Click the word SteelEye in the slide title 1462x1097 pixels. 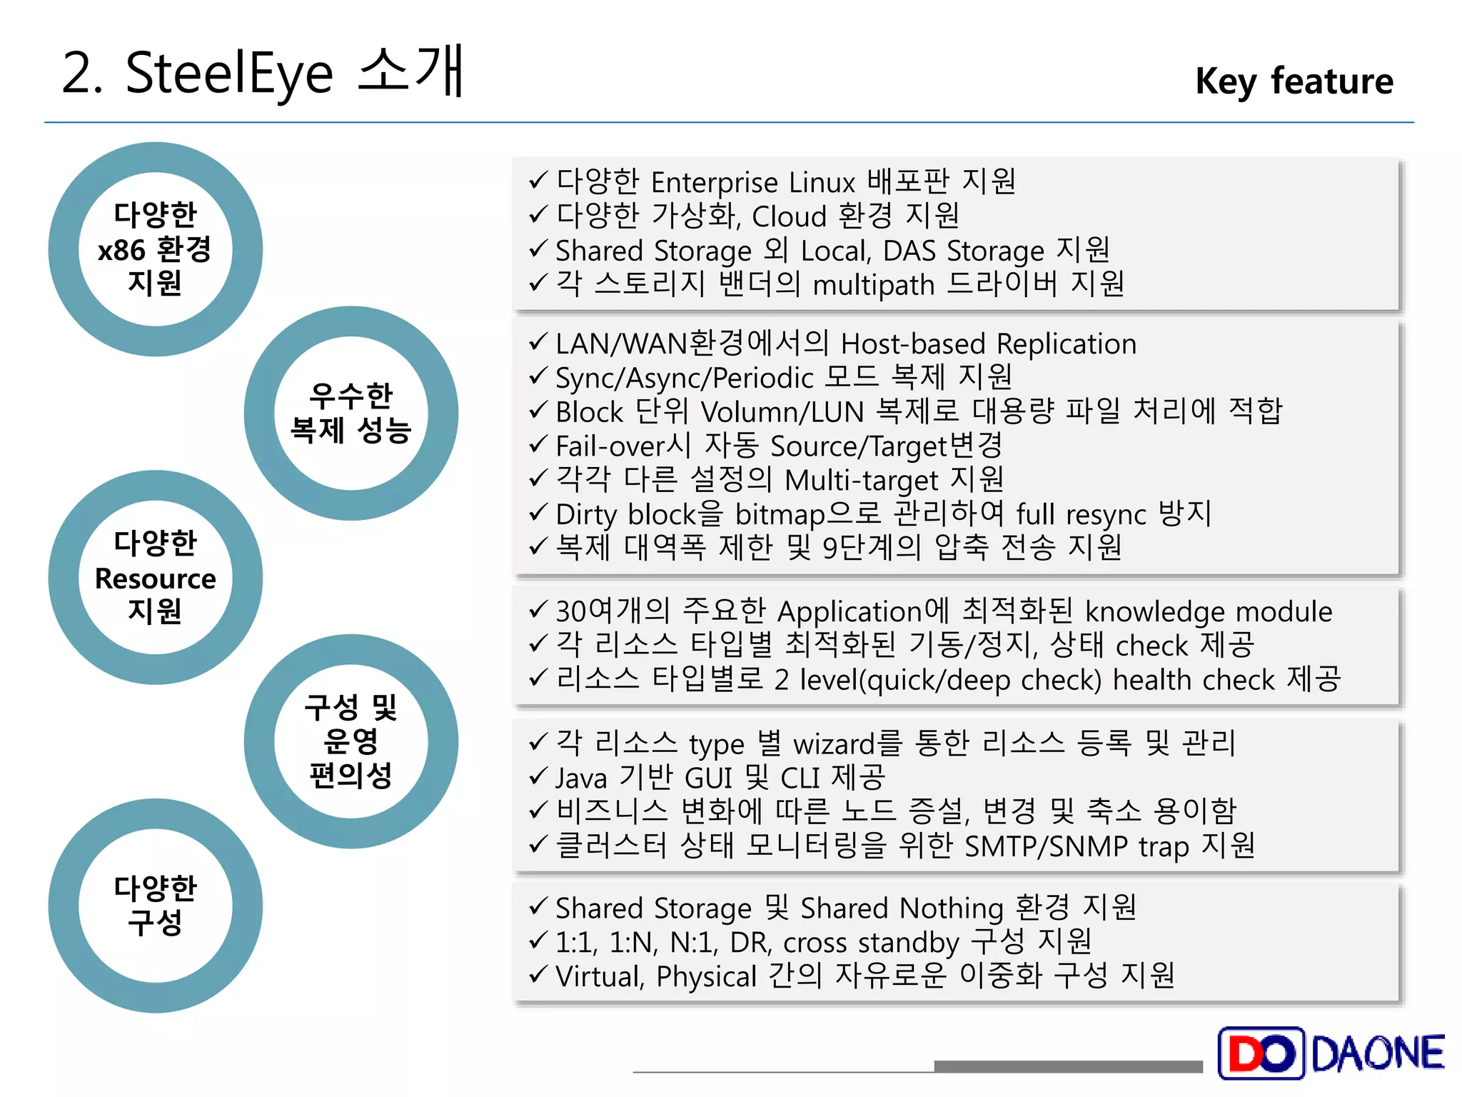pyautogui.click(x=228, y=74)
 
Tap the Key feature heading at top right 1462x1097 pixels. pyautogui.click(x=1294, y=81)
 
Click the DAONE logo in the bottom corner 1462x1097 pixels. pyautogui.click(x=1331, y=1053)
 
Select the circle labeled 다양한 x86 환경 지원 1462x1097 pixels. pyautogui.click(x=155, y=249)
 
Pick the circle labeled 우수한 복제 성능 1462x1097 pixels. pyautogui.click(x=351, y=413)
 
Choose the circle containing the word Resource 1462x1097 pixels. pyautogui.click(x=155, y=577)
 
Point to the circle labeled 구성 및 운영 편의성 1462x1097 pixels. pyautogui.click(x=351, y=741)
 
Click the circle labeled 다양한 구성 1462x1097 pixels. pyautogui.click(x=155, y=905)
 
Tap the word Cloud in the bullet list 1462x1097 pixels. pyautogui.click(x=789, y=216)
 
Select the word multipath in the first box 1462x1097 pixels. pyautogui.click(x=873, y=285)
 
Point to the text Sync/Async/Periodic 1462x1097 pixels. pyautogui.click(x=684, y=378)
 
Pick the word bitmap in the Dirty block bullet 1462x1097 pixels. pyautogui.click(x=780, y=514)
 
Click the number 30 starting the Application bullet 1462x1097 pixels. pyautogui.click(x=572, y=611)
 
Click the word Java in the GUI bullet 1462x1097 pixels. pyautogui.click(x=581, y=778)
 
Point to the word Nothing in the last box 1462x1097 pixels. pyautogui.click(x=951, y=908)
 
